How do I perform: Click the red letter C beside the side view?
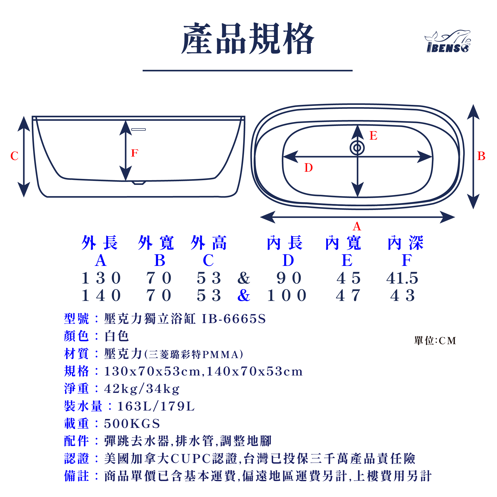point(14,156)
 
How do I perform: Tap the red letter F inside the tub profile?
point(134,153)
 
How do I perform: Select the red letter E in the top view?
point(373,136)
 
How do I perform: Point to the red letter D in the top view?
point(308,168)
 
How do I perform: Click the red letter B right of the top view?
point(481,156)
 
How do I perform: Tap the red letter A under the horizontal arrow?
point(357,227)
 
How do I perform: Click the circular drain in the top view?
point(357,148)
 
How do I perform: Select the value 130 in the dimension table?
point(101,278)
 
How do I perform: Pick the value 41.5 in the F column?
point(402,278)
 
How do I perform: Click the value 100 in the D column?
point(287,295)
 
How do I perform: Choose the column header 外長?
point(100,243)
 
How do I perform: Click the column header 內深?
point(406,243)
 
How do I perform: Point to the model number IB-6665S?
point(234,319)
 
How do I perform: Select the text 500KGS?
point(132,424)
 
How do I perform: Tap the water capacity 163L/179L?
point(156,406)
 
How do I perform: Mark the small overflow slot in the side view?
point(138,129)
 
